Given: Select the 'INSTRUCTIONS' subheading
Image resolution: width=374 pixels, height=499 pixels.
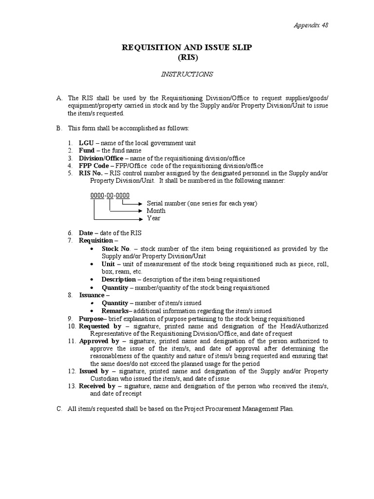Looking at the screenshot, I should click(187, 74).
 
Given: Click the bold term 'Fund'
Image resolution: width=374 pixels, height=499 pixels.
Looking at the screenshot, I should click(87, 151).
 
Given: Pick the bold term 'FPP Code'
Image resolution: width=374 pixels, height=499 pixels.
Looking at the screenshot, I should click(94, 166).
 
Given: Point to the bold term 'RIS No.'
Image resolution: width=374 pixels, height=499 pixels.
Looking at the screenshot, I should click(91, 173).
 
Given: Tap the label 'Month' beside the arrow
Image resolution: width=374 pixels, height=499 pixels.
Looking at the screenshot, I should click(156, 211).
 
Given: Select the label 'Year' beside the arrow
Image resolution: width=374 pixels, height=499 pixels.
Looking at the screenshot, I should click(153, 218).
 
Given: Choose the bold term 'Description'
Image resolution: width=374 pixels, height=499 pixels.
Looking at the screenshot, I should click(119, 279).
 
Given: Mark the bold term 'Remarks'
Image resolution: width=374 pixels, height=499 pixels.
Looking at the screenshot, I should click(115, 310).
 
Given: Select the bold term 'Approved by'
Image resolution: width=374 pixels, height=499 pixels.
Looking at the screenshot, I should click(99, 341).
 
